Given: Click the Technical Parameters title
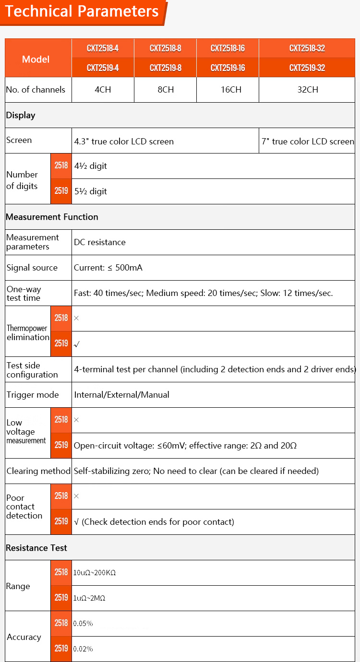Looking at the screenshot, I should tap(82, 12).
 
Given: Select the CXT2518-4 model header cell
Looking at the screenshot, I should tap(103, 48).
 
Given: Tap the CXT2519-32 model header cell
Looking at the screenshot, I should tap(307, 68).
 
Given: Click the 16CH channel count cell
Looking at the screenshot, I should tap(228, 90).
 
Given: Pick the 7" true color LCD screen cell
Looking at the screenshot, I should tap(308, 141).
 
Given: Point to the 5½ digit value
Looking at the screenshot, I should tap(91, 191).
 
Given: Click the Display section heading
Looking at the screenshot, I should tap(21, 115).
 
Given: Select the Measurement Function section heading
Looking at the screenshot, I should tap(52, 217).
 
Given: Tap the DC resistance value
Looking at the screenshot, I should tap(100, 242).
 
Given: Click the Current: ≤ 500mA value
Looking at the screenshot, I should tap(108, 268).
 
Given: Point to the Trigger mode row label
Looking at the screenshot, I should tap(33, 395).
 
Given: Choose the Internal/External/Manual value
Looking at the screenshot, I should tap(121, 395).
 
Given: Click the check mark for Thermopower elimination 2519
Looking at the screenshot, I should tap(76, 344).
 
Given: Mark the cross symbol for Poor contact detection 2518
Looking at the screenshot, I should tap(76, 496).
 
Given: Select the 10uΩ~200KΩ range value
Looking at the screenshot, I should tap(95, 573).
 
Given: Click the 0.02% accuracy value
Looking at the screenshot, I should tap(83, 649).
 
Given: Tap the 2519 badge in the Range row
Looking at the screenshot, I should tap(61, 598).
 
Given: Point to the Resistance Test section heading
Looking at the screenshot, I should tap(36, 548).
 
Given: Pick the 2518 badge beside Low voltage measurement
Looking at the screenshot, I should tap(61, 420).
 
